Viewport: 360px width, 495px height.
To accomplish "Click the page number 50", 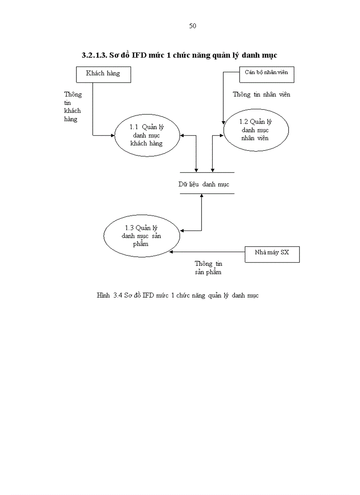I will click(192, 26).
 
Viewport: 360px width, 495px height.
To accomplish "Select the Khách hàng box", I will click(103, 74).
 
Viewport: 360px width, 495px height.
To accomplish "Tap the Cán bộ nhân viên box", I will click(266, 74).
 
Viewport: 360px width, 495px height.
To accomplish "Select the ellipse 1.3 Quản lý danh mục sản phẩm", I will click(141, 235).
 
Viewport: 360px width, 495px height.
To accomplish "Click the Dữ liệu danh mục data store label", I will click(204, 185).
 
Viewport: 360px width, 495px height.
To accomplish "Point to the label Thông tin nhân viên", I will click(261, 94).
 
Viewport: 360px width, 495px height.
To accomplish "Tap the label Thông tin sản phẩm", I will click(208, 268).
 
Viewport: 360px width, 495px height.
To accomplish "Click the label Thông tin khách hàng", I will click(72, 107).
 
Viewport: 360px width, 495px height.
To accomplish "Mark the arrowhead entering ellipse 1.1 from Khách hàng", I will click(112, 135).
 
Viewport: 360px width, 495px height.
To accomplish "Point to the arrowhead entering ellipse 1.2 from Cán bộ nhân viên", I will click(224, 122).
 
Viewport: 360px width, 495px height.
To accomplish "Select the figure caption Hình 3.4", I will click(177, 295).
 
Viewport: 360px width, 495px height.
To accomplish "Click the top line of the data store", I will click(207, 172).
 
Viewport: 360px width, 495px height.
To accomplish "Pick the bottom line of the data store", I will click(207, 194).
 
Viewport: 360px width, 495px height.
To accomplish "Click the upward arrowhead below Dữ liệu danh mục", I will click(202, 196).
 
